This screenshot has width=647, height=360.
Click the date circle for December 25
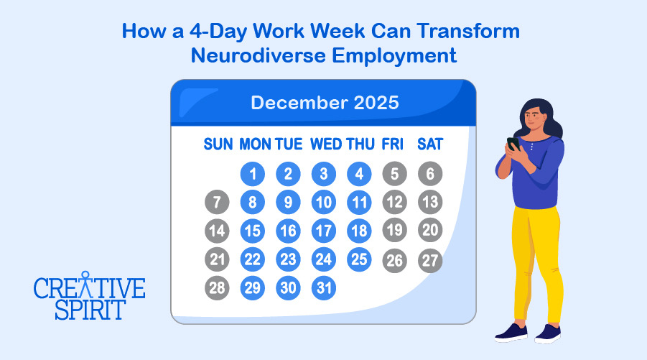click(x=360, y=259)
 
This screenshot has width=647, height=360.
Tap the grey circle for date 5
click(x=394, y=174)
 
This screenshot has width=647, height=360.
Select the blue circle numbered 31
click(x=324, y=288)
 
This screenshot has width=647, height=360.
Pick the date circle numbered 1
click(x=252, y=174)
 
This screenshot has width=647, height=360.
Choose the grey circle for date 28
click(x=217, y=288)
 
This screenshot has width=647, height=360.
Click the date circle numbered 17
click(x=324, y=231)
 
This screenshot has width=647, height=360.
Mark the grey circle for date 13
click(x=430, y=203)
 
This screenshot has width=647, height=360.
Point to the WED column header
click(x=326, y=144)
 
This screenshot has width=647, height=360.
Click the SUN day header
click(x=218, y=144)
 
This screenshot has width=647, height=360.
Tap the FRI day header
click(x=393, y=144)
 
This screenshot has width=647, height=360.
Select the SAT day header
click(x=430, y=144)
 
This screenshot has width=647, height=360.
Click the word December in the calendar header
click(x=299, y=102)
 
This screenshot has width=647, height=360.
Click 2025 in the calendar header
click(x=376, y=102)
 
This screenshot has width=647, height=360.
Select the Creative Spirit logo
click(x=89, y=295)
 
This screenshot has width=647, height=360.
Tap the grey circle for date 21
click(x=217, y=259)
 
